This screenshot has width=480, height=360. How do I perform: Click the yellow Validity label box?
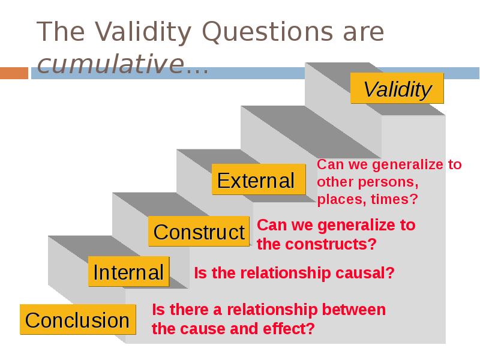point(397,89)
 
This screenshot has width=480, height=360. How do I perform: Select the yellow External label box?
point(256,181)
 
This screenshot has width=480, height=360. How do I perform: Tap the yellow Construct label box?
point(199,232)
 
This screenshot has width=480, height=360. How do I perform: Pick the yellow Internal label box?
point(128,272)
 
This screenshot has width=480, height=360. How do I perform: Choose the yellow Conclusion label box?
point(77,320)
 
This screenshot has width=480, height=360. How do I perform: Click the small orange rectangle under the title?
point(14,73)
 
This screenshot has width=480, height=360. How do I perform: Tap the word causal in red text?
point(367,274)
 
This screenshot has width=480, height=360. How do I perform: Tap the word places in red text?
point(338,199)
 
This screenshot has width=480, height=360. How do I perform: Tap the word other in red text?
point(334,182)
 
